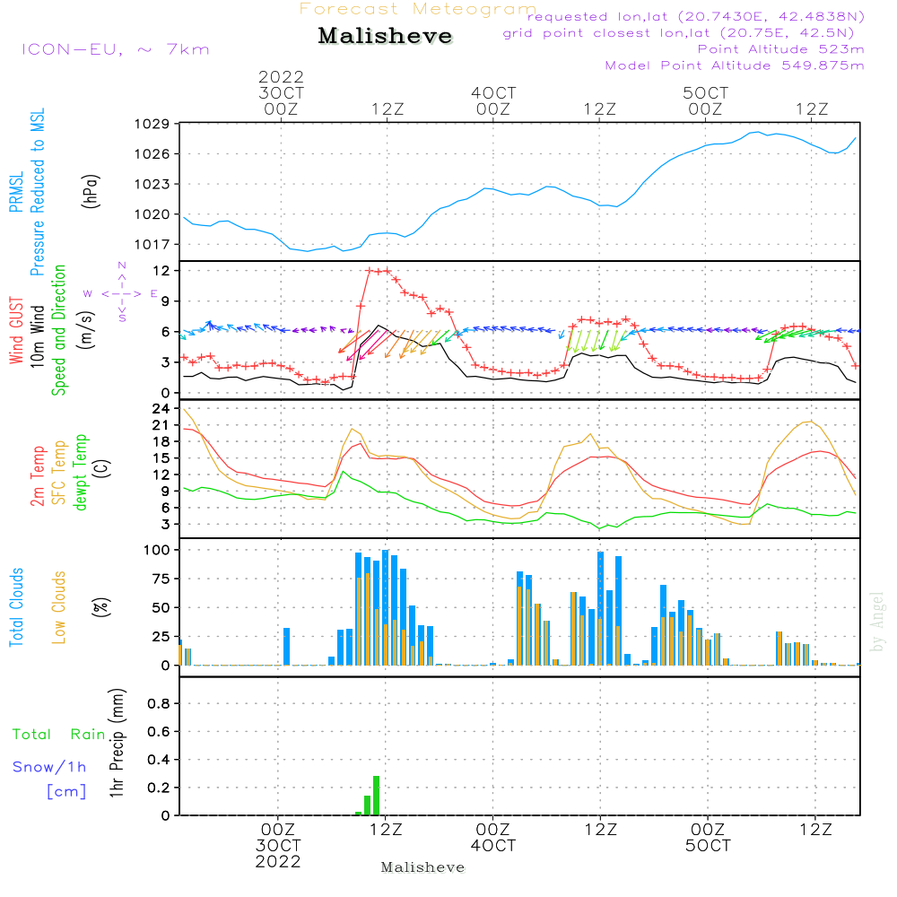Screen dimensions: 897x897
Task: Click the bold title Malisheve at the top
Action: (385, 37)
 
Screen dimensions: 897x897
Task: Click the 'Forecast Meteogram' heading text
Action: (418, 9)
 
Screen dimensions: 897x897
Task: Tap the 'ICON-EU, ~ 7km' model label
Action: (115, 49)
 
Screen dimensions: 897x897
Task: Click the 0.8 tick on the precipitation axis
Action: (159, 704)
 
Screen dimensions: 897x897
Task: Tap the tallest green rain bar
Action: (376, 796)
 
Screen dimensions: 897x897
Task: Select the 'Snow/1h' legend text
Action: (49, 768)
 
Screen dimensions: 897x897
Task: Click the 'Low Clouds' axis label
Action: (59, 606)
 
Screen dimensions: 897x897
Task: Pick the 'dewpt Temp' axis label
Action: (81, 473)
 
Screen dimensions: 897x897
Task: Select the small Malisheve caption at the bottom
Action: (422, 867)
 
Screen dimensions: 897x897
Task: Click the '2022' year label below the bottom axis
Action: (278, 861)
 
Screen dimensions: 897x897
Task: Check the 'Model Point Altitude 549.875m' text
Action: (735, 65)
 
